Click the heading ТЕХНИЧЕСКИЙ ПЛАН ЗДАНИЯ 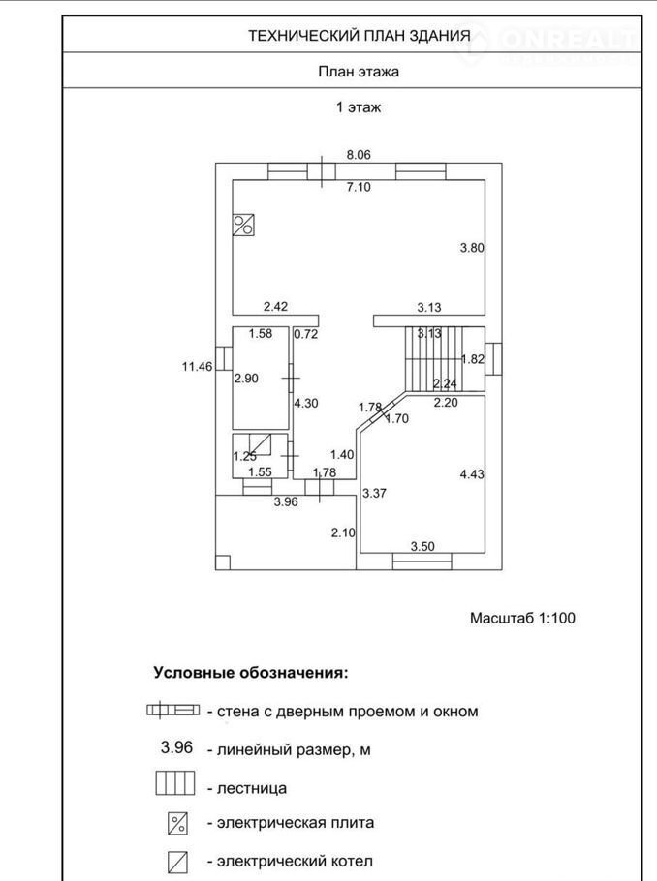coord(359,36)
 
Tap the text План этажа coord(359,71)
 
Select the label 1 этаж coord(359,107)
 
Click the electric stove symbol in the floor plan coord(243,226)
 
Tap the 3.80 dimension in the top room coord(471,248)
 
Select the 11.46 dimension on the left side coord(197,366)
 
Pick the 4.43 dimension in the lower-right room coord(471,473)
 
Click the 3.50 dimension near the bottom coord(422,547)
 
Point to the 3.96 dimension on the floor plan coord(285,501)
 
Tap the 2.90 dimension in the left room coord(246,379)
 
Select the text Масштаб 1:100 coord(523,617)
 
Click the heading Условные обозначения coord(250,671)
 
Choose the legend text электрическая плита coord(295,823)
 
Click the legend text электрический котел coord(295,861)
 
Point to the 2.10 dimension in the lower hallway coord(343,532)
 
